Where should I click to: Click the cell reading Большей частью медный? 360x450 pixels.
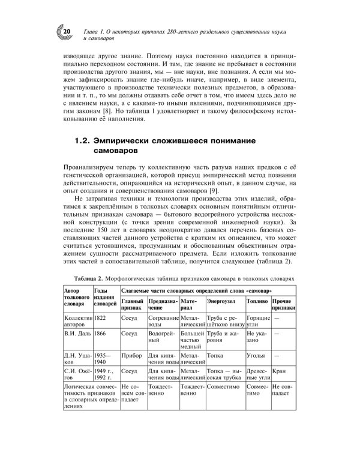click(192, 338)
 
